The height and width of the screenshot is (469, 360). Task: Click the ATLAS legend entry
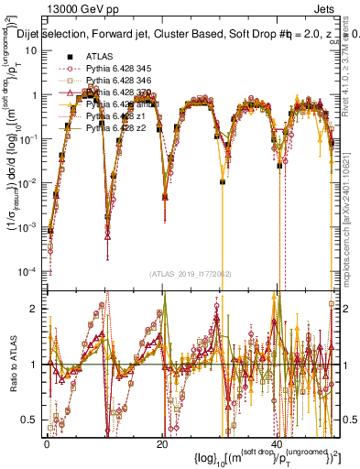pos(100,57)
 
